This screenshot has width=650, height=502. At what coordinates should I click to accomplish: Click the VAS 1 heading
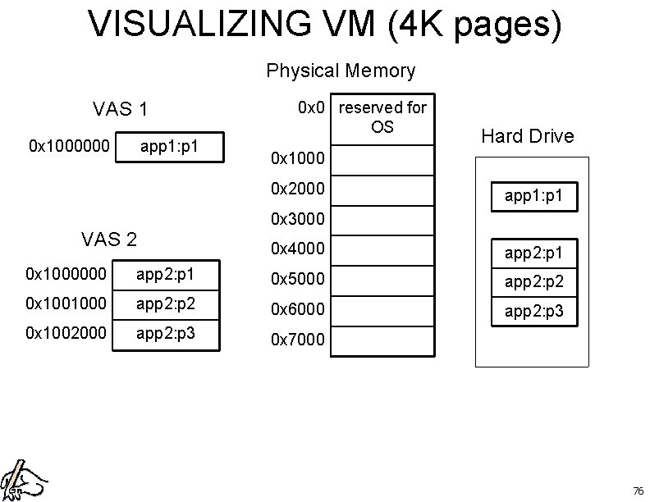tap(121, 109)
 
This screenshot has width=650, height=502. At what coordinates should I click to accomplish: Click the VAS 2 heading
tap(109, 240)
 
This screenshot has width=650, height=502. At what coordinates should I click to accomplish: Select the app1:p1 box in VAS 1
tap(170, 148)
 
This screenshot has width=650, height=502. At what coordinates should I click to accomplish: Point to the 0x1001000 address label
tap(66, 303)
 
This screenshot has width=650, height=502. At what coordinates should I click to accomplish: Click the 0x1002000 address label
tap(66, 335)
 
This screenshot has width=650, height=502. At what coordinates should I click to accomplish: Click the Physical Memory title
tap(341, 71)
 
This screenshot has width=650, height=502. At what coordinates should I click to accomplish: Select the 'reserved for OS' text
tap(382, 116)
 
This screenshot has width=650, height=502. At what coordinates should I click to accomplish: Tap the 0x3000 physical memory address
tap(298, 219)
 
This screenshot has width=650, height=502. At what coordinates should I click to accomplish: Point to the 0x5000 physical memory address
tap(298, 279)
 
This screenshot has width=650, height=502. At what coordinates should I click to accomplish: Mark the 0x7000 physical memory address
tap(298, 340)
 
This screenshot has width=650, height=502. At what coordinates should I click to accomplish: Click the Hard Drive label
tap(528, 136)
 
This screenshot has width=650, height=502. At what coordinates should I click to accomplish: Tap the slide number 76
tap(638, 491)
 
